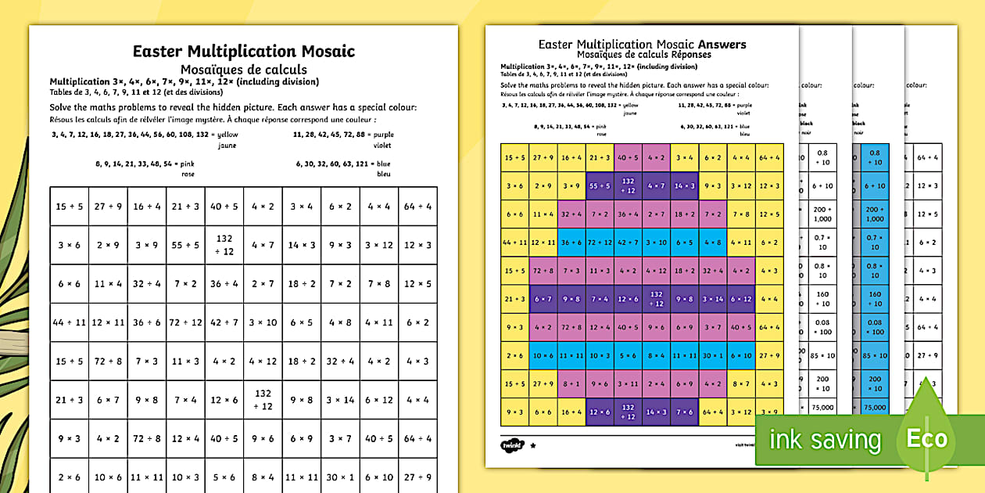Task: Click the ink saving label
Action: (x=825, y=441)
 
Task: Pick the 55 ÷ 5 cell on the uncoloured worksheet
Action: (x=185, y=245)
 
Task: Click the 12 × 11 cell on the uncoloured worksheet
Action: (x=108, y=322)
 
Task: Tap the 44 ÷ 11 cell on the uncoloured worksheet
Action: (x=69, y=322)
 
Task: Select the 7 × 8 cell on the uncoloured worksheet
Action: (x=378, y=283)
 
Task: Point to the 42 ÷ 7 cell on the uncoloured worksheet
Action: (x=224, y=322)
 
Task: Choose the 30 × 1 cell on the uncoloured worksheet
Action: (x=340, y=477)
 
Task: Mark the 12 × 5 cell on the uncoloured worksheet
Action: (x=417, y=283)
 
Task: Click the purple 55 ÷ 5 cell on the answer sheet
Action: (x=600, y=185)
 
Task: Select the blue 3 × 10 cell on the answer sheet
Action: (x=656, y=243)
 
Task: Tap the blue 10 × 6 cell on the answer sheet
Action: (x=543, y=355)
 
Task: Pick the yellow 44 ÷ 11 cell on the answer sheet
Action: (x=514, y=243)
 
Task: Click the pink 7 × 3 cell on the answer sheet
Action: (x=571, y=271)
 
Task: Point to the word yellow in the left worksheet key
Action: (x=227, y=134)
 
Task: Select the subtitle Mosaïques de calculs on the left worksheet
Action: (x=243, y=70)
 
